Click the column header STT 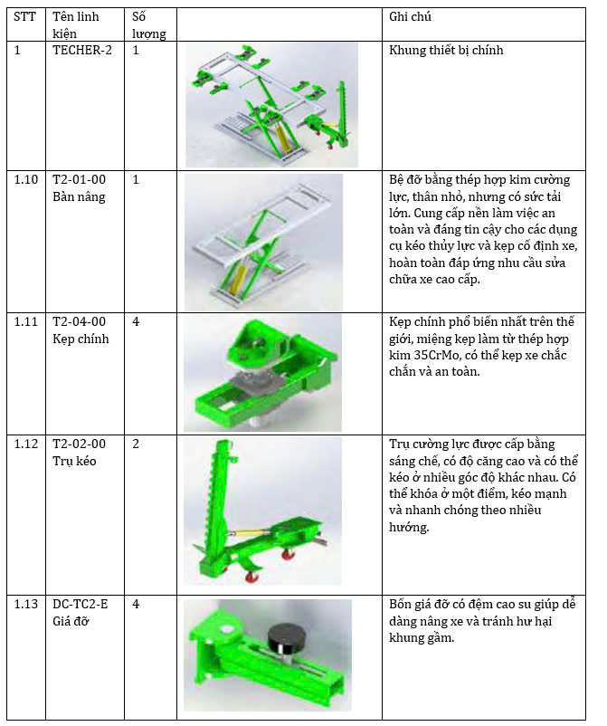(24, 17)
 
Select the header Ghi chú (410, 17)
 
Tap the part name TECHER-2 (82, 51)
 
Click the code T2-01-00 (79, 179)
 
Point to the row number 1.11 (26, 321)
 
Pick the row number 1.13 (26, 604)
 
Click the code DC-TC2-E (80, 604)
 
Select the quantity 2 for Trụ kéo (136, 444)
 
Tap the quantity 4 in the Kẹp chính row (136, 321)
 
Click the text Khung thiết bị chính (446, 51)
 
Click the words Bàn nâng (79, 197)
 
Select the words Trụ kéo (74, 461)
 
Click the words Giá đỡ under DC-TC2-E (71, 621)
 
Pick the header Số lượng (148, 25)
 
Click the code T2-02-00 (79, 444)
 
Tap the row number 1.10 (26, 179)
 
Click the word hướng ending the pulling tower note (409, 528)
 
